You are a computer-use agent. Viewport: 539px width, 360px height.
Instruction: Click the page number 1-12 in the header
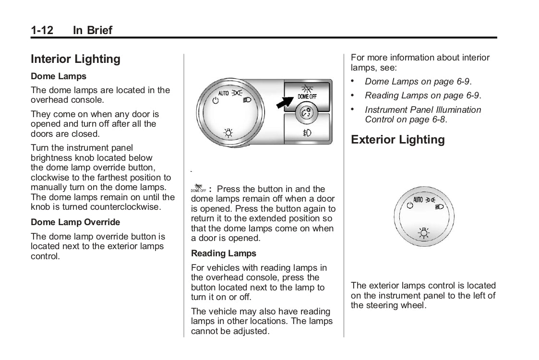42,30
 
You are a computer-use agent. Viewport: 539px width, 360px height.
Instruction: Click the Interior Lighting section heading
75,59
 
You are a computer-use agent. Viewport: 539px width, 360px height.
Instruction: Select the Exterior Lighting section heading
397,140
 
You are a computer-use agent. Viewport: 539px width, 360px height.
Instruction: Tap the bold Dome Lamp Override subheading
75,222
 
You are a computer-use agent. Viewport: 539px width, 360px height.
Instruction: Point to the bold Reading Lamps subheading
224,253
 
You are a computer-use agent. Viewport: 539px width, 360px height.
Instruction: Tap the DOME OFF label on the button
307,97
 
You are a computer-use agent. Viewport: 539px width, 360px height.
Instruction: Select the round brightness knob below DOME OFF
306,113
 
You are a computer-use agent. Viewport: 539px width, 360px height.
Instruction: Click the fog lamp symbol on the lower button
307,132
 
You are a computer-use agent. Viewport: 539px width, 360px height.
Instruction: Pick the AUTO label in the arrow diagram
224,93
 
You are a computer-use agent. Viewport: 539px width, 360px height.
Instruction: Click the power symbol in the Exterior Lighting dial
409,205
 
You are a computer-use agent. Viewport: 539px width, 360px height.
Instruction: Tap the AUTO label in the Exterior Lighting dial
418,200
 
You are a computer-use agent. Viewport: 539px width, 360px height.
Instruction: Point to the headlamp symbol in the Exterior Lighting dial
439,207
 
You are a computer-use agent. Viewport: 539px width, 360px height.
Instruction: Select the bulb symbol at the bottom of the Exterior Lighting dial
423,233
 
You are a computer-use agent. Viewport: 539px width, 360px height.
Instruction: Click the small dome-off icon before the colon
199,188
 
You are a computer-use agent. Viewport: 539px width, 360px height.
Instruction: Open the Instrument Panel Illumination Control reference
422,115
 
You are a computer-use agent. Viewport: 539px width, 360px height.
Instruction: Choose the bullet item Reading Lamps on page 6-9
422,96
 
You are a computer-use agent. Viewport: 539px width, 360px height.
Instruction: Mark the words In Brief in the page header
93,30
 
